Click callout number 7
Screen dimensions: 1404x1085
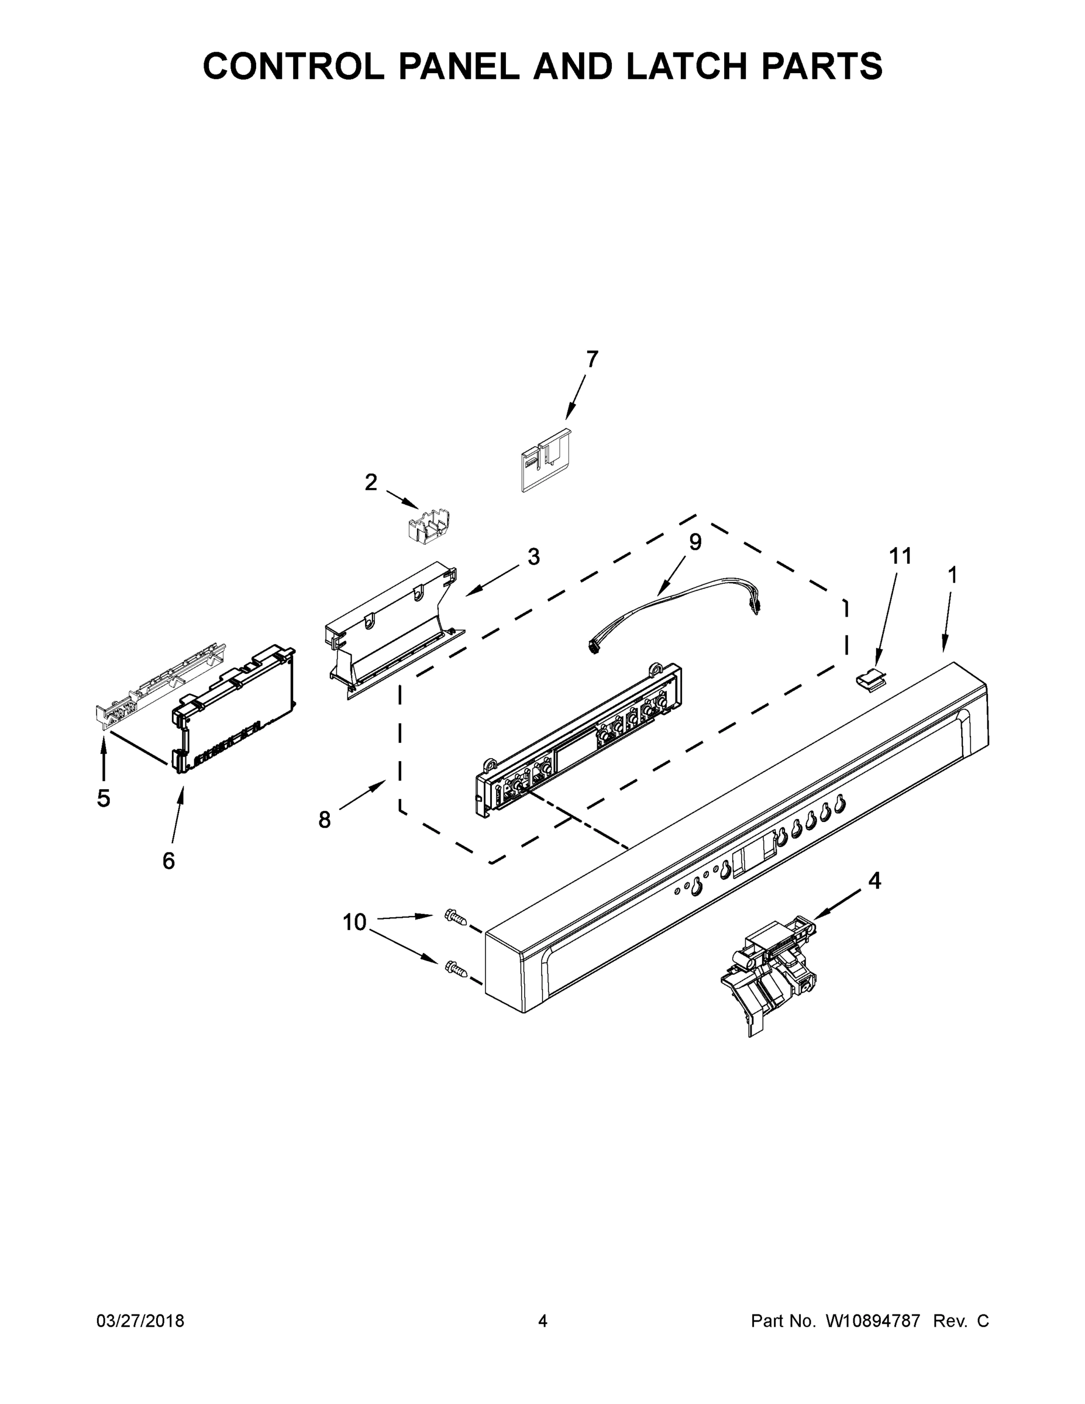click(x=592, y=359)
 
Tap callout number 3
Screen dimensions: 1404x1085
click(x=533, y=557)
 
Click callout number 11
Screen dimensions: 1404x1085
click(x=901, y=555)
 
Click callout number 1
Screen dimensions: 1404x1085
click(x=953, y=574)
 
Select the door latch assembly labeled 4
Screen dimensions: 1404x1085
click(x=769, y=978)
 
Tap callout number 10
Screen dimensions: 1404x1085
click(x=354, y=922)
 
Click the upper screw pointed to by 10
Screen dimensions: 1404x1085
click(x=455, y=917)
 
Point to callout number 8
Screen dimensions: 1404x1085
click(x=325, y=820)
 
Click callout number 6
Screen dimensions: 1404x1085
click(x=168, y=860)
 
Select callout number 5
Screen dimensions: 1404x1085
click(x=104, y=798)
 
